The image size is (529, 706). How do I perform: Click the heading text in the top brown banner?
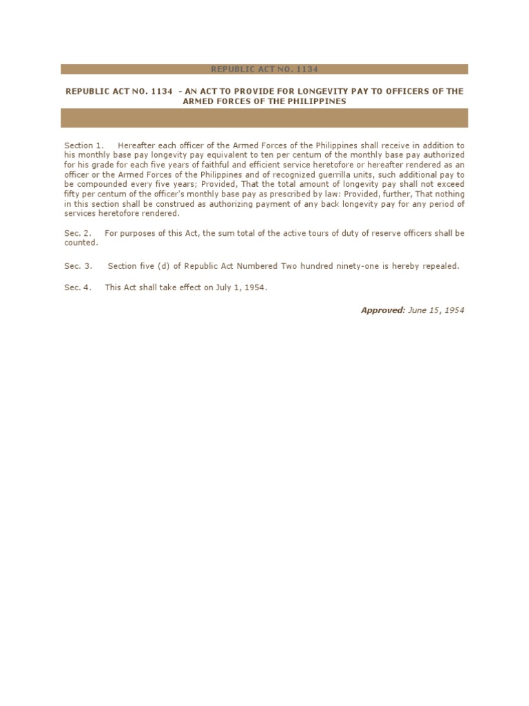coord(264,69)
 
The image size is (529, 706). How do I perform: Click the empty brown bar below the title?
coord(264,118)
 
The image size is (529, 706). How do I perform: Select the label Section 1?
coord(83,145)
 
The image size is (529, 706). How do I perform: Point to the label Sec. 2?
coord(77,234)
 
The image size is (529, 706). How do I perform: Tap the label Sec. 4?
coord(77,288)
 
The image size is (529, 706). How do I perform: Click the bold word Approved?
coord(383,310)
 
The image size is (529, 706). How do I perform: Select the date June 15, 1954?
coord(436,310)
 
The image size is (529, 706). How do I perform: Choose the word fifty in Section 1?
coord(72,194)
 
